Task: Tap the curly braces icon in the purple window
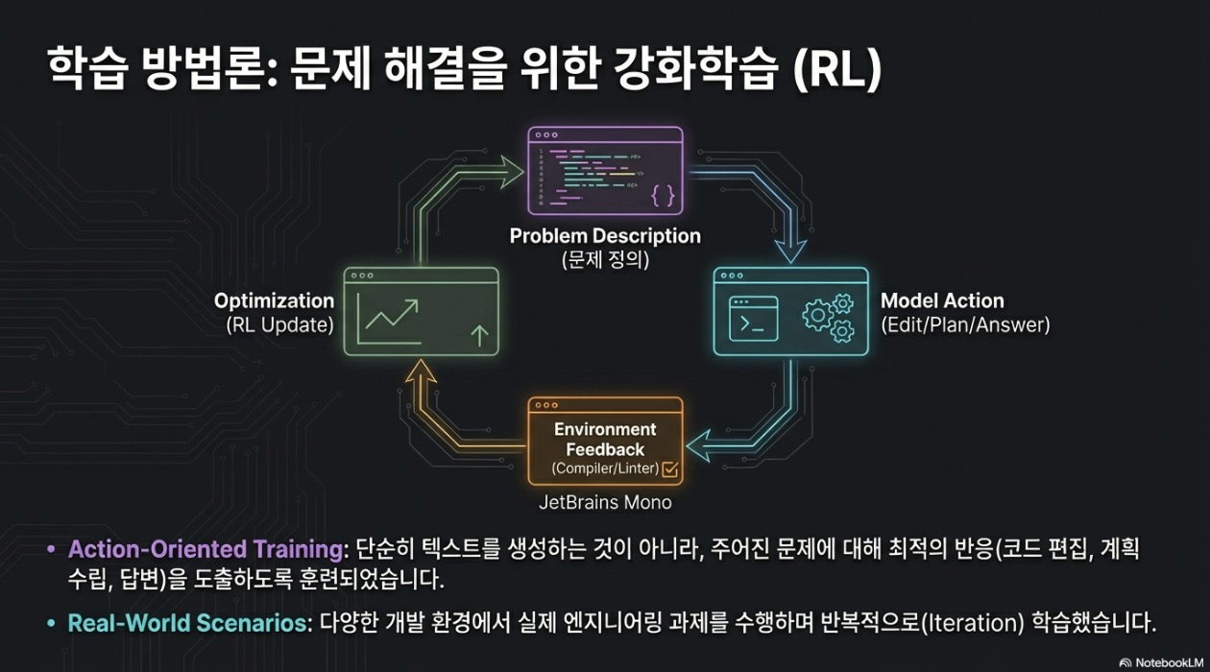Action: pyautogui.click(x=663, y=196)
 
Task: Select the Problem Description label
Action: pyautogui.click(x=605, y=236)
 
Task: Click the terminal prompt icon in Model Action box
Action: pyautogui.click(x=754, y=319)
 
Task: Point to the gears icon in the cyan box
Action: pyautogui.click(x=828, y=318)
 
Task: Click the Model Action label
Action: pyautogui.click(x=942, y=300)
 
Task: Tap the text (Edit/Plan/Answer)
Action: pyautogui.click(x=965, y=325)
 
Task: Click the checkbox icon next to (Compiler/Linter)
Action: pyautogui.click(x=670, y=468)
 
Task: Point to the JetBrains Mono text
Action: pyautogui.click(x=605, y=502)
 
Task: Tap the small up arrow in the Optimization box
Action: pyautogui.click(x=479, y=335)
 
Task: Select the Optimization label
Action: pyautogui.click(x=274, y=300)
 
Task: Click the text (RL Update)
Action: pyautogui.click(x=279, y=325)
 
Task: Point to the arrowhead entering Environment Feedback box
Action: pyautogui.click(x=698, y=446)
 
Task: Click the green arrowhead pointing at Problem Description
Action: pyautogui.click(x=512, y=173)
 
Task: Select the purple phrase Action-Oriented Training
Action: pyautogui.click(x=206, y=549)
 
